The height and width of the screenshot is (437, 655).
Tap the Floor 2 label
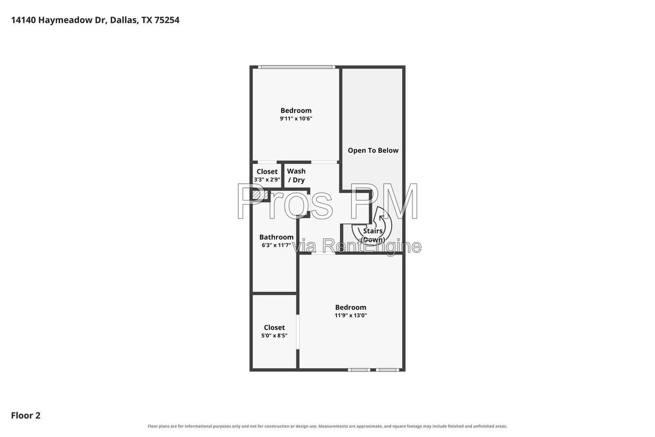(26, 415)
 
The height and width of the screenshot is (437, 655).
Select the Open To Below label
(373, 150)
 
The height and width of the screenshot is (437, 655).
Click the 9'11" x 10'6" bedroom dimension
(296, 118)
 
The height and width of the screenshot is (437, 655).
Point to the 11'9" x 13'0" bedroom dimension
(350, 315)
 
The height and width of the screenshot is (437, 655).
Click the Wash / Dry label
(296, 176)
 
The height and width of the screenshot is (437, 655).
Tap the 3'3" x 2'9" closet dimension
(267, 180)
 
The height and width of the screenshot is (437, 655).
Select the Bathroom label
(276, 237)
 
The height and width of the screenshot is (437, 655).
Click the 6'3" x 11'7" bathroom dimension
(276, 245)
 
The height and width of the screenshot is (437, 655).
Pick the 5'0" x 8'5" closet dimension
(274, 335)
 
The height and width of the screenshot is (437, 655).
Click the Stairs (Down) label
(373, 235)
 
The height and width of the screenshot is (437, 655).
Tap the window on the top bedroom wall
(296, 67)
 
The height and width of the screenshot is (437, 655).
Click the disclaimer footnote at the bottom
(327, 426)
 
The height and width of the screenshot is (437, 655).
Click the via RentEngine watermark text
(357, 246)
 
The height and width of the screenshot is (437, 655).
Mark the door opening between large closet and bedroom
(298, 332)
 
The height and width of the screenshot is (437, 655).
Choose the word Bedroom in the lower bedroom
(350, 307)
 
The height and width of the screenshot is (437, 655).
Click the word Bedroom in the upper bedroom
(296, 110)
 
